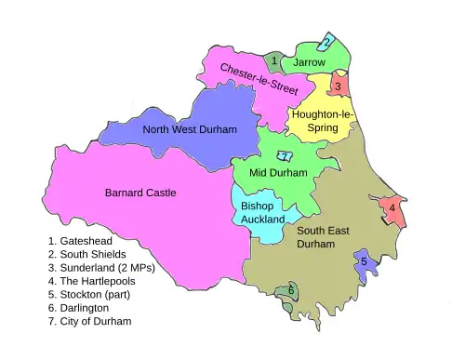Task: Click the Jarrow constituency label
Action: tap(310, 62)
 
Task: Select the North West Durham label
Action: tap(190, 129)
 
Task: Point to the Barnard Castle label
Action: tap(140, 193)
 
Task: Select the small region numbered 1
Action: tap(274, 61)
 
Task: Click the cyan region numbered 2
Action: tap(326, 42)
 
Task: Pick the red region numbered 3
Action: tap(339, 87)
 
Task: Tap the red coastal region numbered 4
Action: tap(392, 208)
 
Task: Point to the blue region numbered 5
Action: tap(365, 262)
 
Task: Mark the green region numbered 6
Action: tap(291, 291)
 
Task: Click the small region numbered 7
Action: tap(285, 156)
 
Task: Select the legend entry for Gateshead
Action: tap(80, 240)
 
